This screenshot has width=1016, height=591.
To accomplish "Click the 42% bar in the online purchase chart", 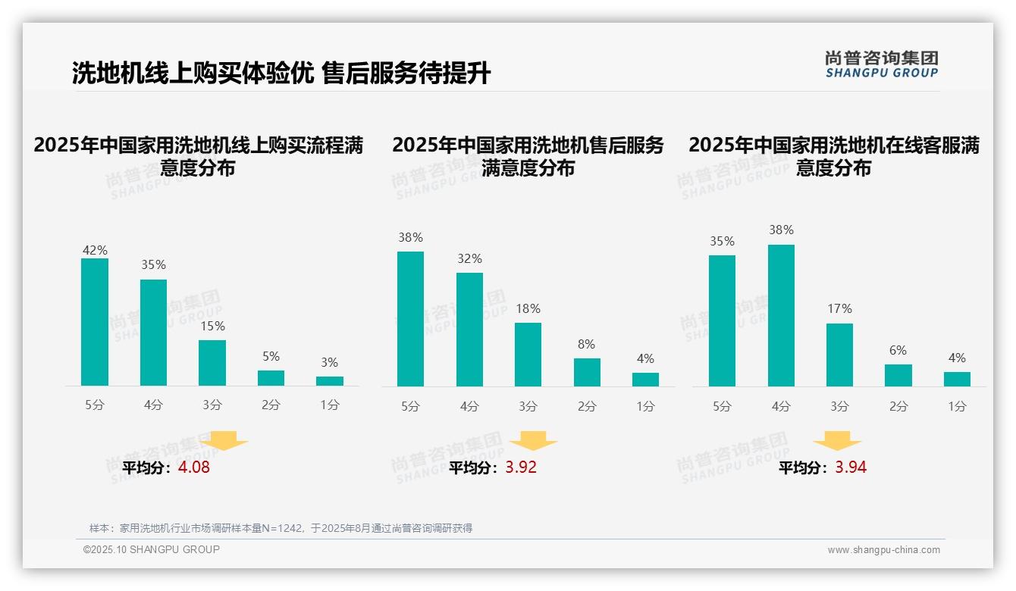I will [95, 322].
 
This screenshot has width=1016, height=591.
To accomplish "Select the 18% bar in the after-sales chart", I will [528, 355].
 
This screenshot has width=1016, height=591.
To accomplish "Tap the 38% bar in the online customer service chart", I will [781, 315].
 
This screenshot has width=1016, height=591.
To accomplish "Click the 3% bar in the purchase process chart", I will [330, 381].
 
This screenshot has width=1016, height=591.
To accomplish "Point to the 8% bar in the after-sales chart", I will [587, 372].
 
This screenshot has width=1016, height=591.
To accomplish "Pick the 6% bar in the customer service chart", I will [898, 375].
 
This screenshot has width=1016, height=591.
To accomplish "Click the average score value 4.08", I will [194, 467].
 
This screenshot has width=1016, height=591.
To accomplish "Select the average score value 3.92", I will [521, 467].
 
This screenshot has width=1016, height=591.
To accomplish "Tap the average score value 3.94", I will [851, 467].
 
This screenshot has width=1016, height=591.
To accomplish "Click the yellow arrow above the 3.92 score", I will [533, 440].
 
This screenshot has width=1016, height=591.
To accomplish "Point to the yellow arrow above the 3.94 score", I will [837, 440].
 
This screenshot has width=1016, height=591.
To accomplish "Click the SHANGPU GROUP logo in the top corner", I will [881, 64].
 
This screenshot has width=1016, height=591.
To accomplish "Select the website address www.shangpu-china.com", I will [883, 550].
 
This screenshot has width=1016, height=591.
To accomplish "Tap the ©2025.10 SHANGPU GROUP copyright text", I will [152, 549].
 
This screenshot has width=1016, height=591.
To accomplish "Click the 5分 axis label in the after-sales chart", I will [410, 406].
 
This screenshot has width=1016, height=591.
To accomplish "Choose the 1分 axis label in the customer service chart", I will [957, 406].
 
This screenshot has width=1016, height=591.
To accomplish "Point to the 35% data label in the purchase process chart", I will [153, 265].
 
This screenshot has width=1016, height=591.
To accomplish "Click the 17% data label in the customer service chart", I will [839, 309].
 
